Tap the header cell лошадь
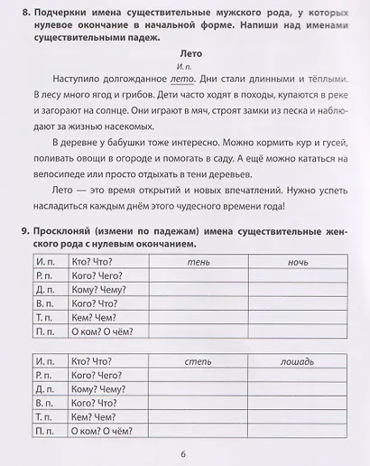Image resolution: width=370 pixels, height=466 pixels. click(x=297, y=361)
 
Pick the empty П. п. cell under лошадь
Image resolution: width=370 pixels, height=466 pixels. click(x=298, y=432)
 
